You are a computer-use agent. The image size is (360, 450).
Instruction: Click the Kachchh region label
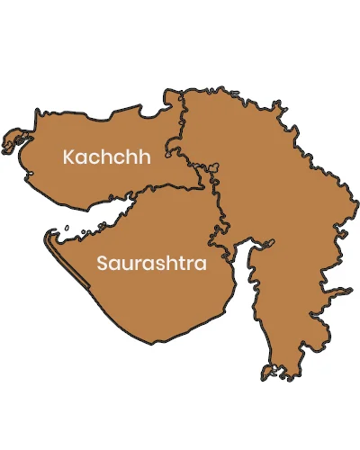point(105,157)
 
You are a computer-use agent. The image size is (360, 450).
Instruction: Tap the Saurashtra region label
point(151,265)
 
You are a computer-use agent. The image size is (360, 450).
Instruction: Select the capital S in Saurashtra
point(101,265)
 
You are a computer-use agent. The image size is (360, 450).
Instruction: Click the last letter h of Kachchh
point(143,157)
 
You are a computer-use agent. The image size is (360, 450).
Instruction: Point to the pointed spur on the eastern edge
point(348,290)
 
